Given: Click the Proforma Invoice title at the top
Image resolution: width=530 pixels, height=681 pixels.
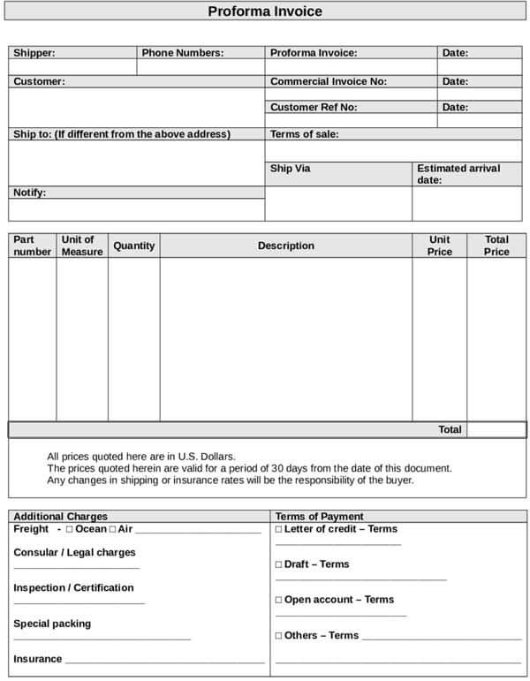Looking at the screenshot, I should (x=265, y=11).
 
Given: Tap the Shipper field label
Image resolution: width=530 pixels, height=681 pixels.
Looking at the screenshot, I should (x=34, y=53).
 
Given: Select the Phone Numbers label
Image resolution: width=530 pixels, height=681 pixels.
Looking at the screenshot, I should (x=183, y=53).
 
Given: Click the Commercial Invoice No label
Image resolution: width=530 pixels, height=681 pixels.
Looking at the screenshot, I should (x=329, y=81).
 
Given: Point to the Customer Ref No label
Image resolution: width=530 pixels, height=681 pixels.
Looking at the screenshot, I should (x=314, y=107).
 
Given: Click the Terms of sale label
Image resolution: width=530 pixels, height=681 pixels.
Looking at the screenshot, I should (x=304, y=134).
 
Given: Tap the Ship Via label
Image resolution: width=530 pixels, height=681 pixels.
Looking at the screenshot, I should (x=290, y=168).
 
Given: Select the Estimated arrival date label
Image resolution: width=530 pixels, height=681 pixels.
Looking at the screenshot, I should (x=458, y=174).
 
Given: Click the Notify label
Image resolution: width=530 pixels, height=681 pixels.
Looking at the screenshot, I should (x=29, y=193).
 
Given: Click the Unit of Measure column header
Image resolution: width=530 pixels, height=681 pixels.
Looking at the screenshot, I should (x=82, y=246).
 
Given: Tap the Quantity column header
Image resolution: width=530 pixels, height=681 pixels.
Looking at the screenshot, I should (x=134, y=246).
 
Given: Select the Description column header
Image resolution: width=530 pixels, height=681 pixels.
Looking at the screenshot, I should (x=285, y=246).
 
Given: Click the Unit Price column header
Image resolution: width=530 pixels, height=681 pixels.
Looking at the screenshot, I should (x=439, y=246).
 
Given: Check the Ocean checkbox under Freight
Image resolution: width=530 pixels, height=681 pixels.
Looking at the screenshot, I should (x=69, y=529).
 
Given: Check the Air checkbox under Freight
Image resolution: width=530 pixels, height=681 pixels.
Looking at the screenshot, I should (x=112, y=529).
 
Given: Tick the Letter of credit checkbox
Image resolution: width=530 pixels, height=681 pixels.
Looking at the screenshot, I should (x=278, y=529).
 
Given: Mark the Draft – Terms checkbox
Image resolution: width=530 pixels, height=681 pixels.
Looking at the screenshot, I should (x=278, y=564).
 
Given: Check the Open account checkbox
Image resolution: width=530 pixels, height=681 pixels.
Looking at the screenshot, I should (x=278, y=600).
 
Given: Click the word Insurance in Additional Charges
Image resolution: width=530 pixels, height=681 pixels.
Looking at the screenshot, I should (x=37, y=659).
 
